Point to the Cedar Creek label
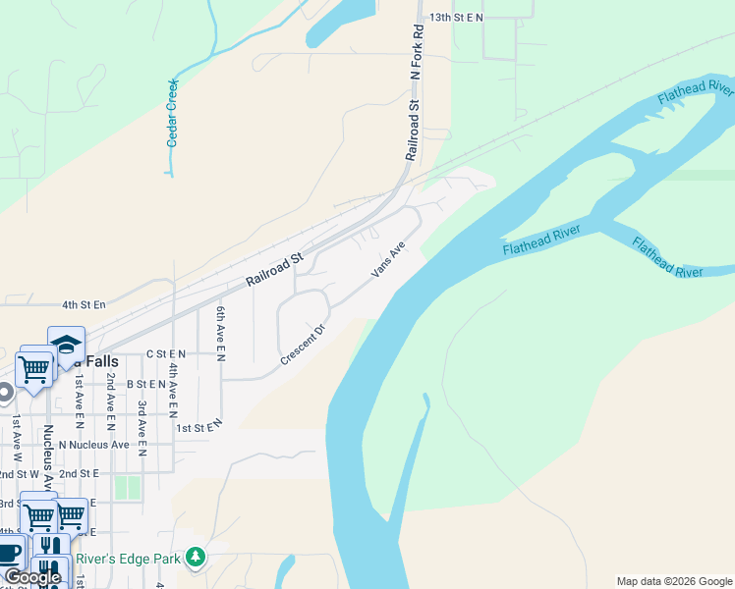point(173,113)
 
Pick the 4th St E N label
point(83,305)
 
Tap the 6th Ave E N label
point(221,333)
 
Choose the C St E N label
point(165,352)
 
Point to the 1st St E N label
point(199,427)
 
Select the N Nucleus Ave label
point(94,445)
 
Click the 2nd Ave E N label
point(111,397)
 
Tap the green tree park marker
point(197,558)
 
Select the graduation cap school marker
point(66,345)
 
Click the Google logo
point(31,577)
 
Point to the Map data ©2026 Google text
point(673,581)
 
